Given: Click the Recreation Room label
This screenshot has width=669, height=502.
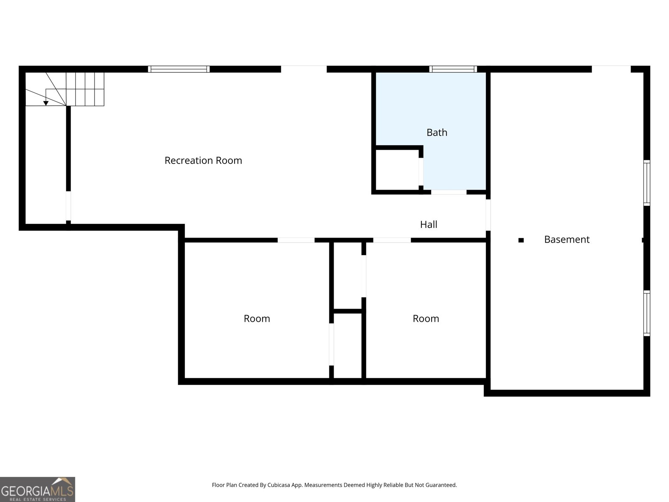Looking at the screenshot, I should click(203, 161).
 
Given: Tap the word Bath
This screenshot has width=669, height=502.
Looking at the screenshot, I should click(437, 133).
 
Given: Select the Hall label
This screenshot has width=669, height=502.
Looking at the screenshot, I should click(429, 225).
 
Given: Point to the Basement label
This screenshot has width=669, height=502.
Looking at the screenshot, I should click(567, 240).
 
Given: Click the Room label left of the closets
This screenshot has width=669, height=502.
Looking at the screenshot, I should click(257, 319).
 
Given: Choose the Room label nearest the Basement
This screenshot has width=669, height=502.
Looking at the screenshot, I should click(426, 319).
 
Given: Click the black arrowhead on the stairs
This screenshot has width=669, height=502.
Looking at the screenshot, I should click(46, 103).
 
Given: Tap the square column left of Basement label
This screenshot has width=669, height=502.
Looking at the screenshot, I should click(521, 240).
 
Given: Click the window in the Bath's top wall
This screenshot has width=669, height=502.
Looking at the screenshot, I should click(453, 69).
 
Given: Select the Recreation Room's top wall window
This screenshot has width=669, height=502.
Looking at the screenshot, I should click(179, 69).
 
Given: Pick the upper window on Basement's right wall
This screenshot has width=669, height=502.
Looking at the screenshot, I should click(646, 183).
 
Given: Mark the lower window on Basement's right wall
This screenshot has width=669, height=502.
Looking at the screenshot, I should click(646, 313).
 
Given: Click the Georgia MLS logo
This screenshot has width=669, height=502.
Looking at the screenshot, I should click(38, 489).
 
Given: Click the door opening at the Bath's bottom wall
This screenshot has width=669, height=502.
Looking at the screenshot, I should click(449, 192).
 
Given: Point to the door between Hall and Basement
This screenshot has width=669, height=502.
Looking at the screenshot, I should click(488, 215).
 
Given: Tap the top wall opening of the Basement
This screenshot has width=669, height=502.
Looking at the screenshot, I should click(611, 69).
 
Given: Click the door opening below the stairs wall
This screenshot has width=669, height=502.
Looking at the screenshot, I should click(68, 206).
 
